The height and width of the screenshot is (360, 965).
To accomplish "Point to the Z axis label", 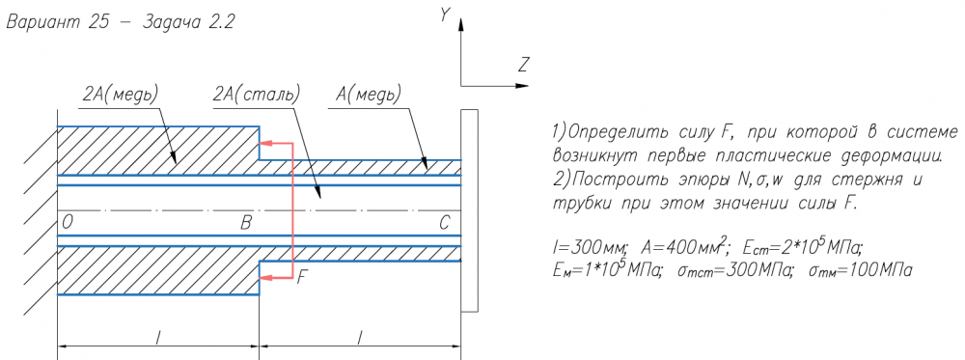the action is pos(524,65).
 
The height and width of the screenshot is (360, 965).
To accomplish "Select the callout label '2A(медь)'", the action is pos(120,95).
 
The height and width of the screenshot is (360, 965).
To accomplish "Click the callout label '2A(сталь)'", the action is pos(256,95).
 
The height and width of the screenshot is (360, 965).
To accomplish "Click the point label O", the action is pos(68,223).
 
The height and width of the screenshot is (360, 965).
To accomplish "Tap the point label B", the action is pos(245,223).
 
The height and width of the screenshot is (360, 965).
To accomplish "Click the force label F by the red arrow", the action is pos(301,278).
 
